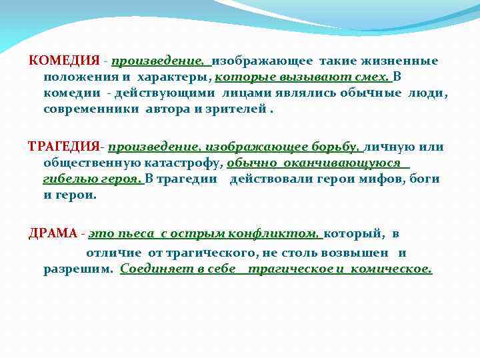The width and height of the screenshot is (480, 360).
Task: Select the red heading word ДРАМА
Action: pyautogui.click(x=52, y=233)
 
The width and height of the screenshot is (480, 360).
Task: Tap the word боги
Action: pyautogui.click(x=425, y=179)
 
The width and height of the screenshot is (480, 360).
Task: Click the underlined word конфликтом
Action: pyautogui.click(x=274, y=233)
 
